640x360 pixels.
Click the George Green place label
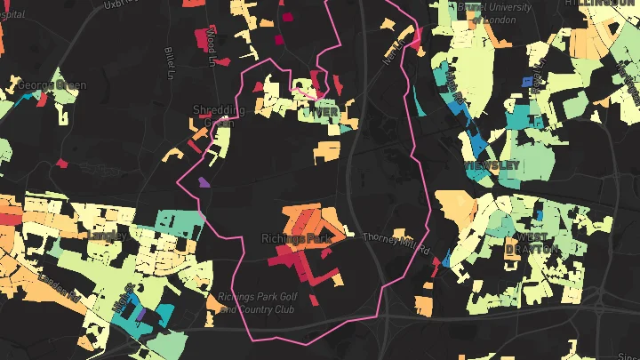tap(51, 86)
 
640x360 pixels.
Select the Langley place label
tap(107, 236)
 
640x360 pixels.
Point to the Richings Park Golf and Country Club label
tap(255, 303)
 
